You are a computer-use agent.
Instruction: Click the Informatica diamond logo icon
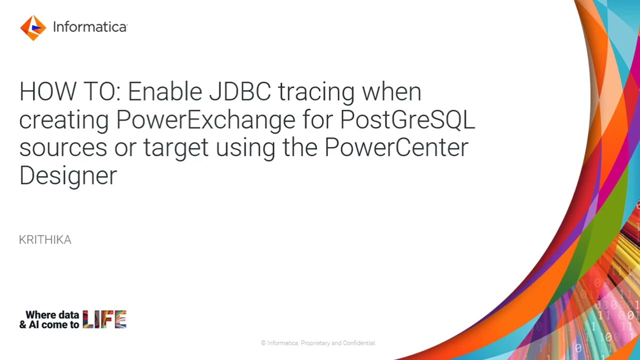[33, 27]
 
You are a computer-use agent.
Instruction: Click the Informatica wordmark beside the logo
[90, 27]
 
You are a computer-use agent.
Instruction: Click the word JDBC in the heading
[240, 92]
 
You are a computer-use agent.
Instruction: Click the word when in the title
[391, 92]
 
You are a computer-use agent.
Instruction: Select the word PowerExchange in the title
[205, 120]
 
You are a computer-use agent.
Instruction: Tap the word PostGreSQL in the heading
[407, 120]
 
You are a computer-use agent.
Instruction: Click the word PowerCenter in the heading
[396, 147]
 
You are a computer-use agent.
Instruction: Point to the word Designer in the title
[68, 176]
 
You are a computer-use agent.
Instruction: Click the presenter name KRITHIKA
[45, 240]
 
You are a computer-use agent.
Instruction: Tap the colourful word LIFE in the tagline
[104, 319]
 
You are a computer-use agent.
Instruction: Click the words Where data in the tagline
[52, 315]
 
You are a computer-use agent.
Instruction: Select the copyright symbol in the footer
[263, 343]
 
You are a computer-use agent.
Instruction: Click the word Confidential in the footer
[358, 343]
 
